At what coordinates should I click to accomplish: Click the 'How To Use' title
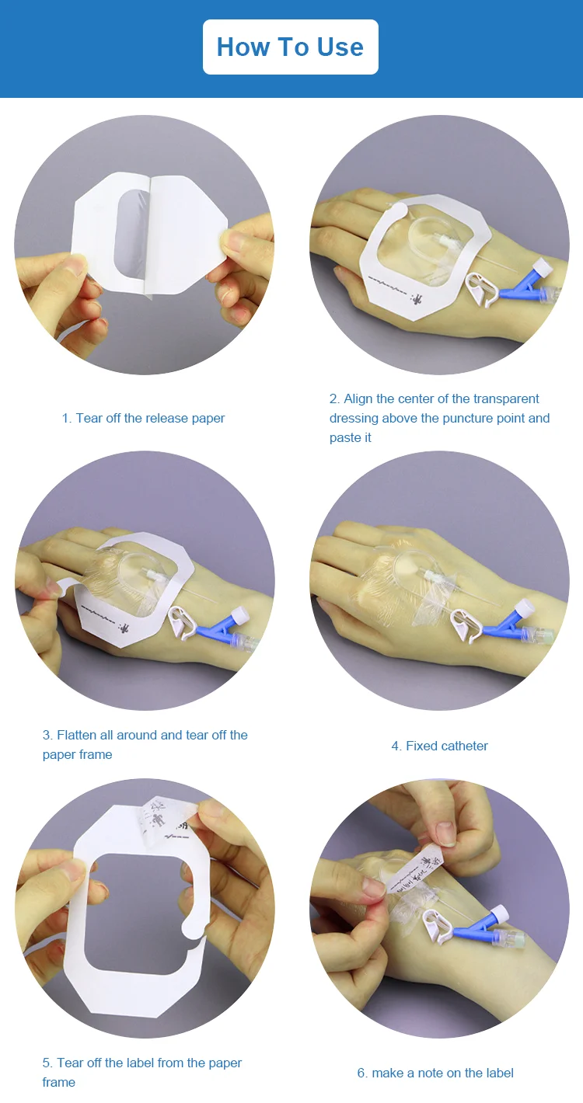pos(290,47)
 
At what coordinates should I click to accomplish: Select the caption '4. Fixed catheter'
pos(439,746)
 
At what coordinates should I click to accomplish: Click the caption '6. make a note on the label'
pos(435,1073)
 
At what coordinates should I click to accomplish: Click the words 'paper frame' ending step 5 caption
pos(59,1082)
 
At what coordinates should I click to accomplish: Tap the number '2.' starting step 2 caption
pos(334,398)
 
